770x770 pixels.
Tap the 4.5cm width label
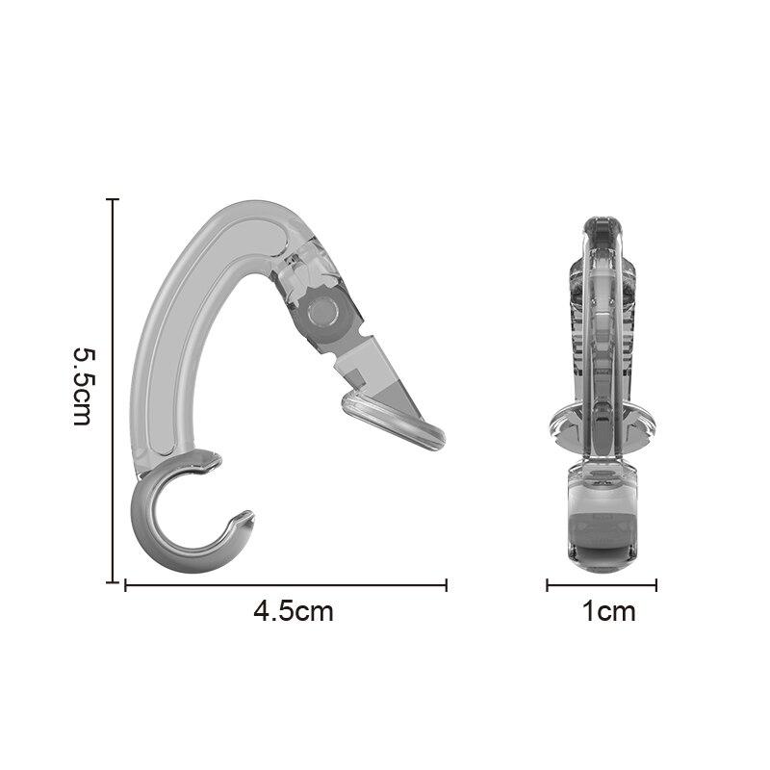point(294,611)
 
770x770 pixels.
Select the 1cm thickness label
point(608,611)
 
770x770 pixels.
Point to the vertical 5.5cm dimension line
point(114,385)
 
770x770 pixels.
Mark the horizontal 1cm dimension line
point(602,584)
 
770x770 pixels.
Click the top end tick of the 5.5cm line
point(114,199)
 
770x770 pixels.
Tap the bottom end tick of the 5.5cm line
point(114,582)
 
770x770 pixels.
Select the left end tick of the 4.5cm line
point(126,584)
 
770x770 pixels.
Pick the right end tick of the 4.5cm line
point(447,584)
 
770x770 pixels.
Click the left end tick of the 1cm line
point(548,584)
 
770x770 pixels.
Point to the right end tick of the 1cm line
point(656,584)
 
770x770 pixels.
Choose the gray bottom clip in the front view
point(602,520)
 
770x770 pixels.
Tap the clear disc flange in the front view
point(603,423)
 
